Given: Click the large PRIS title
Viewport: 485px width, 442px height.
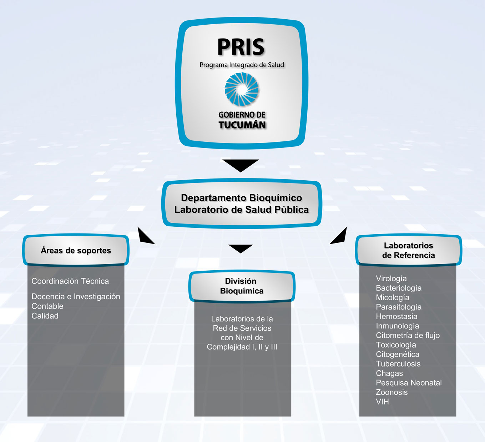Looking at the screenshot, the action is coord(241,47).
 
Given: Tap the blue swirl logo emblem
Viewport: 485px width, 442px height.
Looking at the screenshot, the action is coord(242,89).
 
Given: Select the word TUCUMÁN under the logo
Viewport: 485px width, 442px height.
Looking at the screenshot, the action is coord(242,125).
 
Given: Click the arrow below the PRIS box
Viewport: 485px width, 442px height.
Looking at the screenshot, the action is coord(241,165).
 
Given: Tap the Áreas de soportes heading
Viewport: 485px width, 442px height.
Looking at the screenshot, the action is coord(76,250).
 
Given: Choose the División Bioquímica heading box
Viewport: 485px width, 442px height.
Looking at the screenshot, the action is coord(242,286).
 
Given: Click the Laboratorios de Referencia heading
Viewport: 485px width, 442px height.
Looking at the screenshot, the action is coord(409,250).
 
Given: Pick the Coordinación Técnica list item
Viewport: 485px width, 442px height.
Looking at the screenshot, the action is coord(70,281).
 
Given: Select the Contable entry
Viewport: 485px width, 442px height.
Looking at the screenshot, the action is coord(47,306).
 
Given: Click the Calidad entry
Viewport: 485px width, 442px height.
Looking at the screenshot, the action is coord(45,316).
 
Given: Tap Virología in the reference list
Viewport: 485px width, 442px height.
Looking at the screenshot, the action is coord(391,278).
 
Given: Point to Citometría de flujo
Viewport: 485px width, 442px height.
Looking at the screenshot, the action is coord(408,335).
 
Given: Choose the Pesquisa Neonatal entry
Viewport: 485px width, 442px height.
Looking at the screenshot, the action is coord(409,383).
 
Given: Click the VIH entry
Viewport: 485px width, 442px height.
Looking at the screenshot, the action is coord(383,402).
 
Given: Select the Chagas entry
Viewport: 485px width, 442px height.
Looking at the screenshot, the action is coord(389,373).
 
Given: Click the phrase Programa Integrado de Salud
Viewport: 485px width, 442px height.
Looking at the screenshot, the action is coord(242,65).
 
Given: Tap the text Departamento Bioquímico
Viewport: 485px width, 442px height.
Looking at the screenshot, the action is coord(242,198).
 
